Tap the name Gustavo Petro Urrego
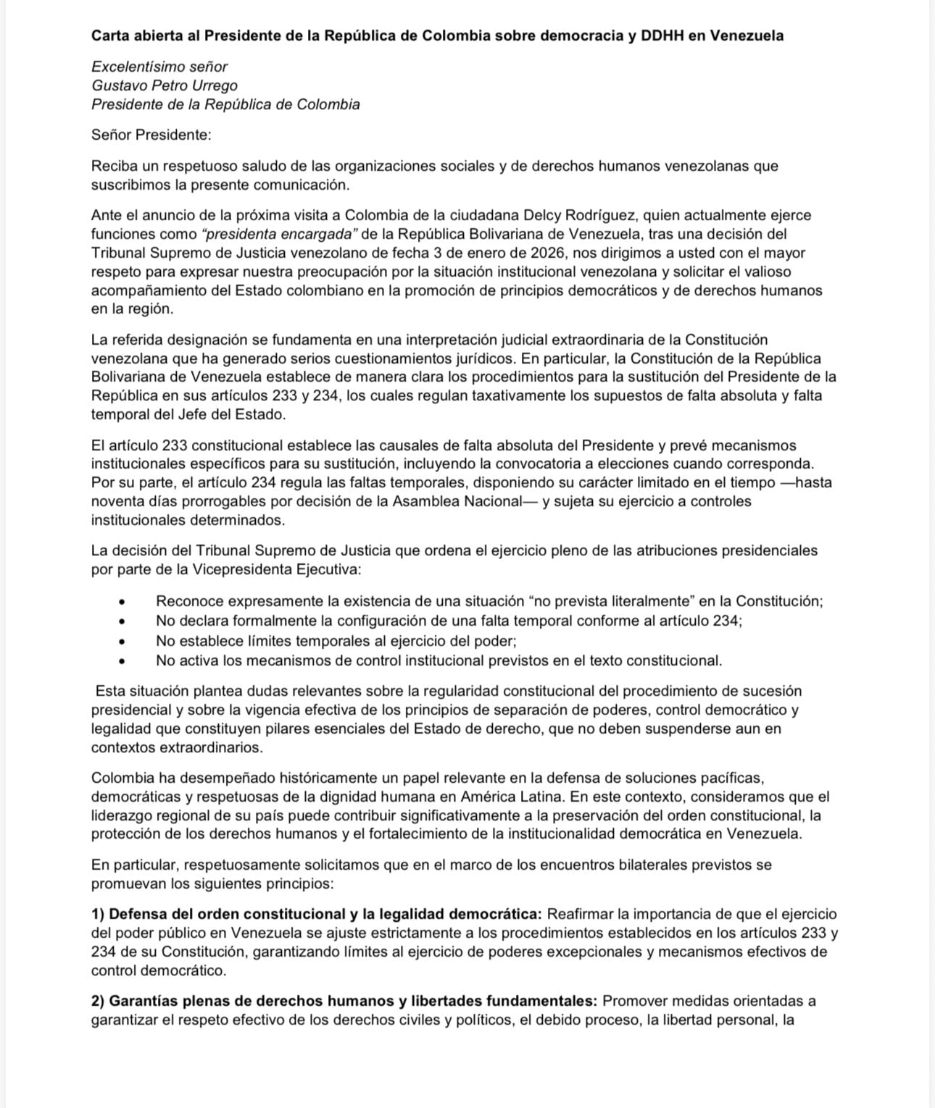(165, 85)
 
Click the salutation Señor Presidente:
(151, 135)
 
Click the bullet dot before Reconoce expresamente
(122, 602)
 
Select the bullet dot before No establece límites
(122, 642)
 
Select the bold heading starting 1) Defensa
(317, 914)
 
